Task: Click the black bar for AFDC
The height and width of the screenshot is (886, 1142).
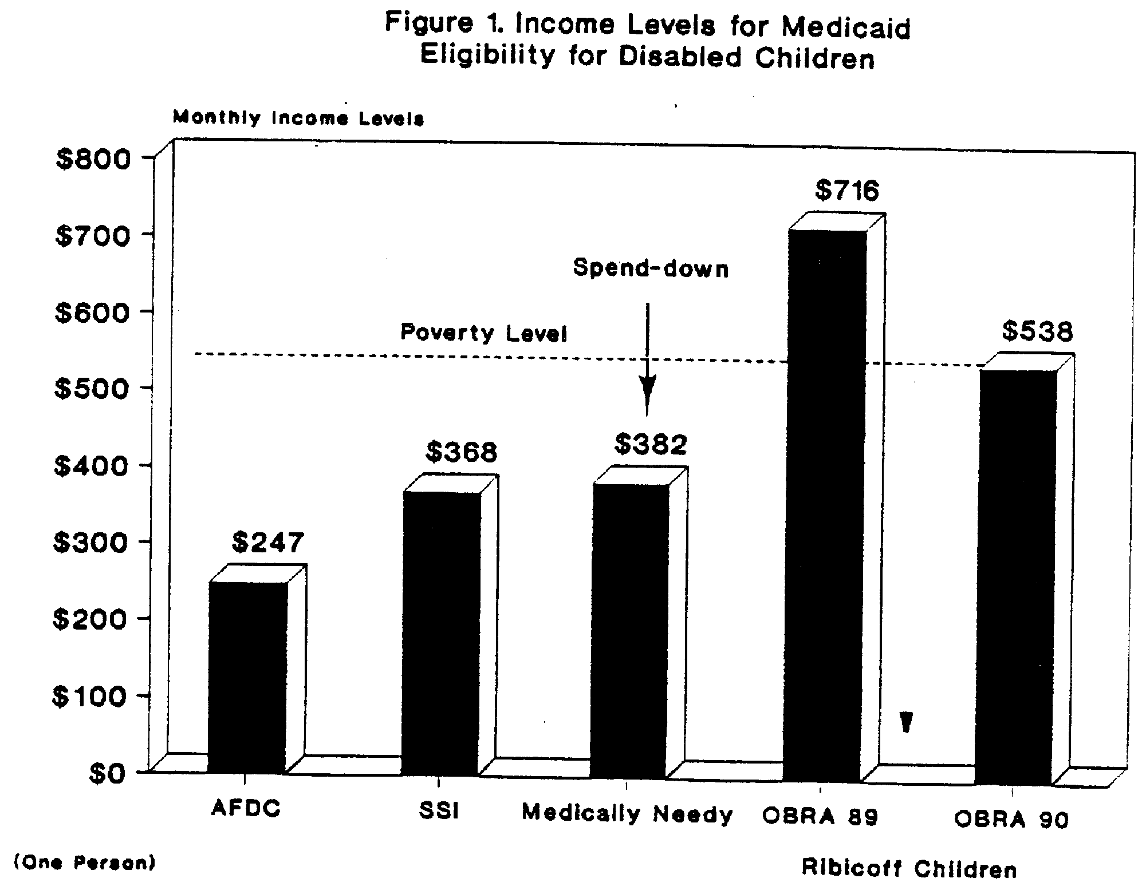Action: [247, 675]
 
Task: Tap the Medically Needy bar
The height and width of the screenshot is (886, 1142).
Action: [629, 630]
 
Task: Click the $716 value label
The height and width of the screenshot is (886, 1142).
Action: [846, 191]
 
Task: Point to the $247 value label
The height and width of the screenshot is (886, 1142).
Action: [267, 542]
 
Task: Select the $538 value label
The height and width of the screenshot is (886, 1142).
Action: [1037, 331]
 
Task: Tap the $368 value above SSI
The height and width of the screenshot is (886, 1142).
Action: [461, 453]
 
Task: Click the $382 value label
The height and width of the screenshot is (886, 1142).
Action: [651, 445]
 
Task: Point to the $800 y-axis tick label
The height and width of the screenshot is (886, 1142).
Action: [93, 159]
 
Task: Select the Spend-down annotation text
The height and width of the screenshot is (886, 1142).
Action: [651, 268]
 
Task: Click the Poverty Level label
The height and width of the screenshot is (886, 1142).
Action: [483, 333]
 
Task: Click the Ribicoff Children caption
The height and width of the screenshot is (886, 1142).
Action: [909, 868]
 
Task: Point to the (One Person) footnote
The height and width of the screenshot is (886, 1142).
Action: [84, 863]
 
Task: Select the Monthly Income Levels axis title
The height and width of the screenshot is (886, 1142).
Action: [298, 118]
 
